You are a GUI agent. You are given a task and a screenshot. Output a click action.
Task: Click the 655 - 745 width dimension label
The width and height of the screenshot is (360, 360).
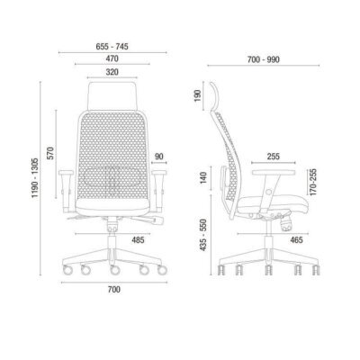pos(112,47)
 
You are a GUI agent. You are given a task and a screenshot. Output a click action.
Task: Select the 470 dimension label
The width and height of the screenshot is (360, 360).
pos(112,58)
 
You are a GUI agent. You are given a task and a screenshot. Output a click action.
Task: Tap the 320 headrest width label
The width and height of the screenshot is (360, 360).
pos(112,72)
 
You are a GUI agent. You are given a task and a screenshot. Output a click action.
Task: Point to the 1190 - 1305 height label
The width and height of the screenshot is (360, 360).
pos(35,177)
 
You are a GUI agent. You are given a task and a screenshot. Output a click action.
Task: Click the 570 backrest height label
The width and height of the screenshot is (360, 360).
pos(50,153)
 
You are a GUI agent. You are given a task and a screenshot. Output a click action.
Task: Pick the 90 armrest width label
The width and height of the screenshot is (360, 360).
pos(159,157)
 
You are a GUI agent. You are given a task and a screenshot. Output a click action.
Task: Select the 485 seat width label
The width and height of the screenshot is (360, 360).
pos(138,240)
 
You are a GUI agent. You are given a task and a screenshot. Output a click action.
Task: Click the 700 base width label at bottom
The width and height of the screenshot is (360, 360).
pos(114,290)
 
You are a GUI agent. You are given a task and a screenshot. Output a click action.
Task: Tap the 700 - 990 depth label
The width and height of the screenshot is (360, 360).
pos(264,59)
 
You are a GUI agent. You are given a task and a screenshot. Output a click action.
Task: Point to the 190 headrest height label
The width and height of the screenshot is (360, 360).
pos(198,95)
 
